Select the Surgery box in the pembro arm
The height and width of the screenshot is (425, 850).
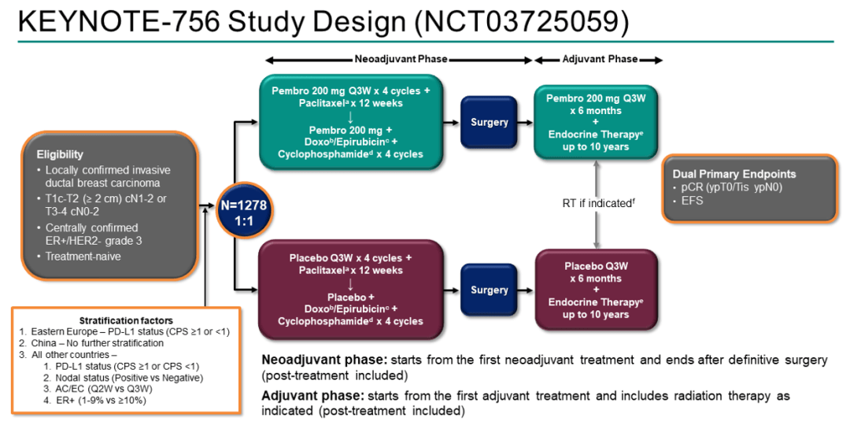click(489, 122)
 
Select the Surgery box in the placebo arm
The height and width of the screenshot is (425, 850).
click(489, 290)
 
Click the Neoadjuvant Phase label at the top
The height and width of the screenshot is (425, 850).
click(400, 59)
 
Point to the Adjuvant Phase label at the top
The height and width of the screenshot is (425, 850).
click(600, 59)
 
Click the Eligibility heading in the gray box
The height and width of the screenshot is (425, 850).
click(60, 154)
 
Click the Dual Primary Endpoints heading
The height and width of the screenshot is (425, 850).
click(734, 174)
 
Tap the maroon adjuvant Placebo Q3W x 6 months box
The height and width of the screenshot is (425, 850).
click(596, 290)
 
